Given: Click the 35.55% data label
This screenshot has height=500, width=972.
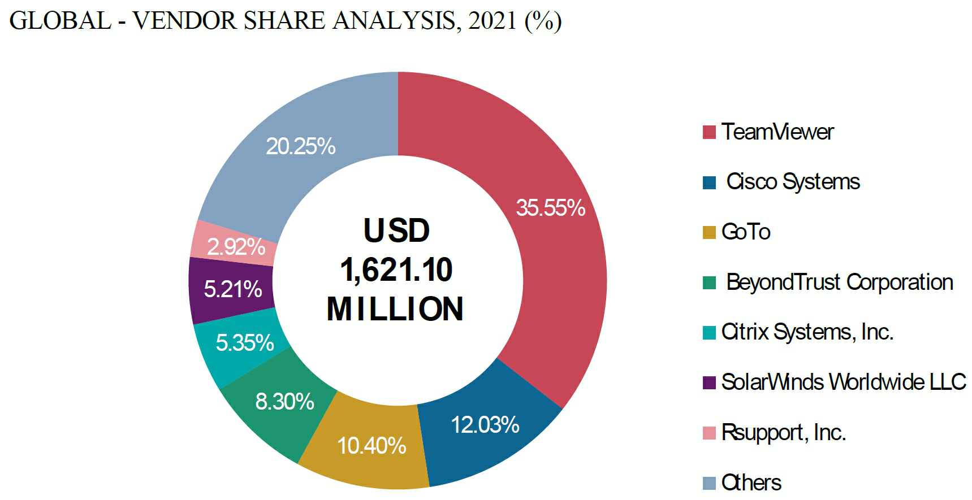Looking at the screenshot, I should [550, 208].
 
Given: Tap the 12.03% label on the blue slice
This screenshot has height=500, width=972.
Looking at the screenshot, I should [485, 425].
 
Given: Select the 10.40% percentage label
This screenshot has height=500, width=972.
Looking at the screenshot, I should [371, 446].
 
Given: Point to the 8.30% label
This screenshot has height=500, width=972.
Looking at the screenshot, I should [284, 402].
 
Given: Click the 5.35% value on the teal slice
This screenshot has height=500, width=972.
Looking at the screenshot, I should [244, 343].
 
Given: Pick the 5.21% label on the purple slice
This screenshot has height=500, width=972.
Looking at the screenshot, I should [232, 289].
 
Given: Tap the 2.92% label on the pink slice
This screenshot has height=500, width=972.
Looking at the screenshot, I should [236, 247].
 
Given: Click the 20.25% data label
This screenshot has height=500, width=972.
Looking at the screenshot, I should [300, 146].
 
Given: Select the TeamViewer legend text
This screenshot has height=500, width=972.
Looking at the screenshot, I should [777, 132].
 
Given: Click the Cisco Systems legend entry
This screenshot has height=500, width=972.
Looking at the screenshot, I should [793, 182].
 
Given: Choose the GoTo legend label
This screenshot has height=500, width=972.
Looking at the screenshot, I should [746, 232].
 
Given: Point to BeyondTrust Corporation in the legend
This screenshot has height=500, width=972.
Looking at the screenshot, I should [839, 282].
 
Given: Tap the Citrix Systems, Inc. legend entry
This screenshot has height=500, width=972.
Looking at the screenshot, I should [807, 332].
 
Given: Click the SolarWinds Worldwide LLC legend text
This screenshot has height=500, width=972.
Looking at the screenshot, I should [843, 382].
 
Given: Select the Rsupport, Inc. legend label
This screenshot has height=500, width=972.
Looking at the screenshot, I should [783, 433].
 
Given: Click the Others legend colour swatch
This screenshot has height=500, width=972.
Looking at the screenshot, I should [709, 483].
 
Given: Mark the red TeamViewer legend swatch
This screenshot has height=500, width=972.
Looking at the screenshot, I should [709, 132].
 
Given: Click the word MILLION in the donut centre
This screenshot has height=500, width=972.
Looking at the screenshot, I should [395, 309].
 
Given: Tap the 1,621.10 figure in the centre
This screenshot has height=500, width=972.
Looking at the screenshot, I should [396, 269].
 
